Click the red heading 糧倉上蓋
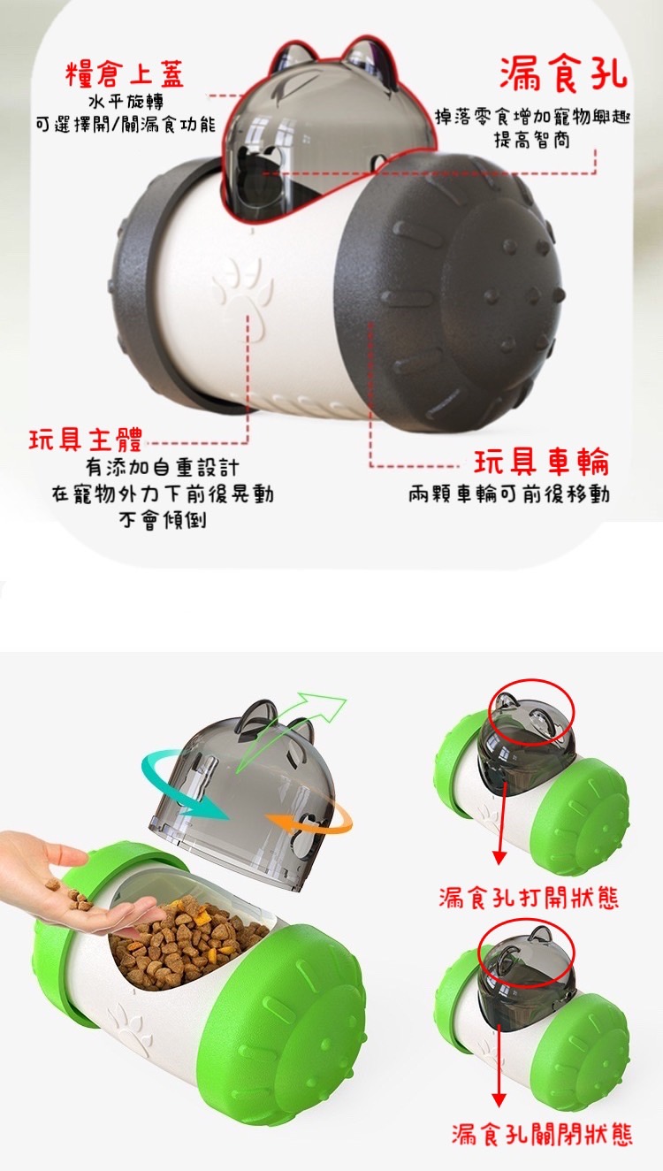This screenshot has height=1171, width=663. point(125,74)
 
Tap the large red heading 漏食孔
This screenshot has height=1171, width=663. point(563,73)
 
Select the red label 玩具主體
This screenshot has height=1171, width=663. point(86,440)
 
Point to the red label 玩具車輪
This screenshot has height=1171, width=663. point(542,463)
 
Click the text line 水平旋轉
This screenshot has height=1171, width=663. point(126,102)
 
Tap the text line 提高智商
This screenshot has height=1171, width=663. point(532,140)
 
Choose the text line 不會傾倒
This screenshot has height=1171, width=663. point(163,520)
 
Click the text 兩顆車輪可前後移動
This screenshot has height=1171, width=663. point(509,494)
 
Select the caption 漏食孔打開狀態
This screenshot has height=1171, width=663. point(529,898)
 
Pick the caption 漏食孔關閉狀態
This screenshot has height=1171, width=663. point(542,1135)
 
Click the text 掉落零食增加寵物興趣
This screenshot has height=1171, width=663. point(532,117)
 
